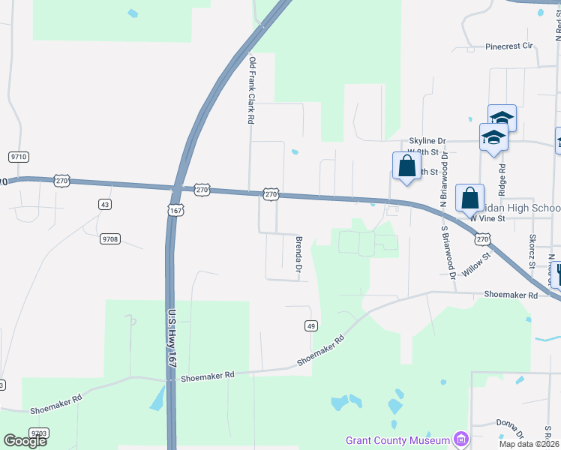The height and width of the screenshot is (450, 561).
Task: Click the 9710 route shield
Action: [19, 157]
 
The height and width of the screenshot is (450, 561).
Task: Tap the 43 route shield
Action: [105, 204]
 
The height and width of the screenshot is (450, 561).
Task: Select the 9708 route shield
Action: [110, 239]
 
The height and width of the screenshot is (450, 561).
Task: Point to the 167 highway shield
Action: [175, 211]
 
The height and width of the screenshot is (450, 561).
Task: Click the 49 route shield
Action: [311, 325]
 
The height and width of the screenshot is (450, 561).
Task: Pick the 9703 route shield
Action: [39, 433]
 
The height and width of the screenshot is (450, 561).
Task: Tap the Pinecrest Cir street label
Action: [508, 46]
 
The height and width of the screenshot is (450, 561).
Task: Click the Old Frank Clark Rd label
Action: [252, 90]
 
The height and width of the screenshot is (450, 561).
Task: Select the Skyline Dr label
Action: [427, 141]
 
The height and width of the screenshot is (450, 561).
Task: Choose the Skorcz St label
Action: [532, 250]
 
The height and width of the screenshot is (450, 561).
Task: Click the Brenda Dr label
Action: [298, 255]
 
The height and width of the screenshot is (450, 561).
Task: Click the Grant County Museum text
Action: [397, 440]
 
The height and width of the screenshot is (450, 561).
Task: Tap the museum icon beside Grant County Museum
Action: [460, 439]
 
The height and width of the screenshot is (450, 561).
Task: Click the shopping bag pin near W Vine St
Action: [469, 199]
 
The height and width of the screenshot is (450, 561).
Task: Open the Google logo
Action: [25, 441]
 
